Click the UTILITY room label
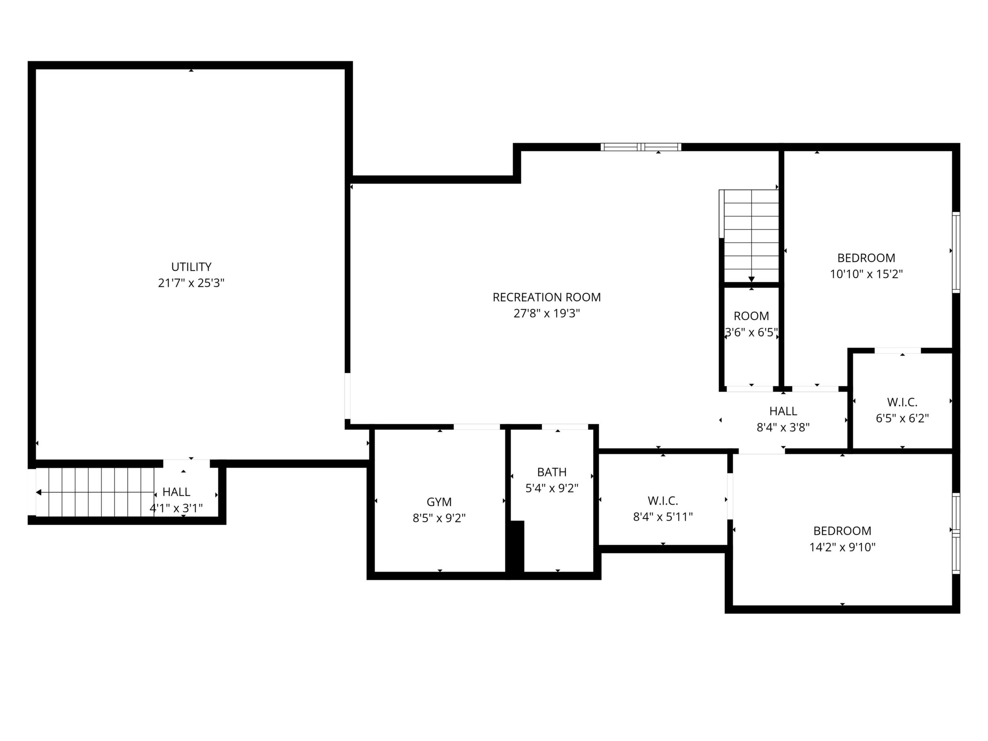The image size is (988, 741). [191, 267]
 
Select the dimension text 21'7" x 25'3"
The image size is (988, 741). [191, 283]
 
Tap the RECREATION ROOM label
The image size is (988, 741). [547, 297]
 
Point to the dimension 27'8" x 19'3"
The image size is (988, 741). [547, 313]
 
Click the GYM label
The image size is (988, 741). [439, 502]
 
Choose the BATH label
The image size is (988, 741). [552, 472]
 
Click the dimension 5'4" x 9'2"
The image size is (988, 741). [552, 488]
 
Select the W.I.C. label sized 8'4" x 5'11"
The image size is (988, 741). [663, 501]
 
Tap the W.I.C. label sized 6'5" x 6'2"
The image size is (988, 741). [902, 403]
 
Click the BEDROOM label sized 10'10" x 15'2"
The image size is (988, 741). [866, 258]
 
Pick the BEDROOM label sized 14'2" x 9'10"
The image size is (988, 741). [842, 531]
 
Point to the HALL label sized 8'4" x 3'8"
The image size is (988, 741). [783, 411]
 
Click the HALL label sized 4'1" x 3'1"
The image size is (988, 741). [177, 492]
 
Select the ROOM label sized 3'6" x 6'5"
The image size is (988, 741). [751, 316]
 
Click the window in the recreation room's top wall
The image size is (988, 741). [641, 147]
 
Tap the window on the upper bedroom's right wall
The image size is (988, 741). [956, 253]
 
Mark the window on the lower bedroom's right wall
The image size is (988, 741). [956, 533]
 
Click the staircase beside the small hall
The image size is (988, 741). [95, 492]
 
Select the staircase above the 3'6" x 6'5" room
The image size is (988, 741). [749, 236]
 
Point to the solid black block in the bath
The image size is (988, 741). [517, 546]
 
